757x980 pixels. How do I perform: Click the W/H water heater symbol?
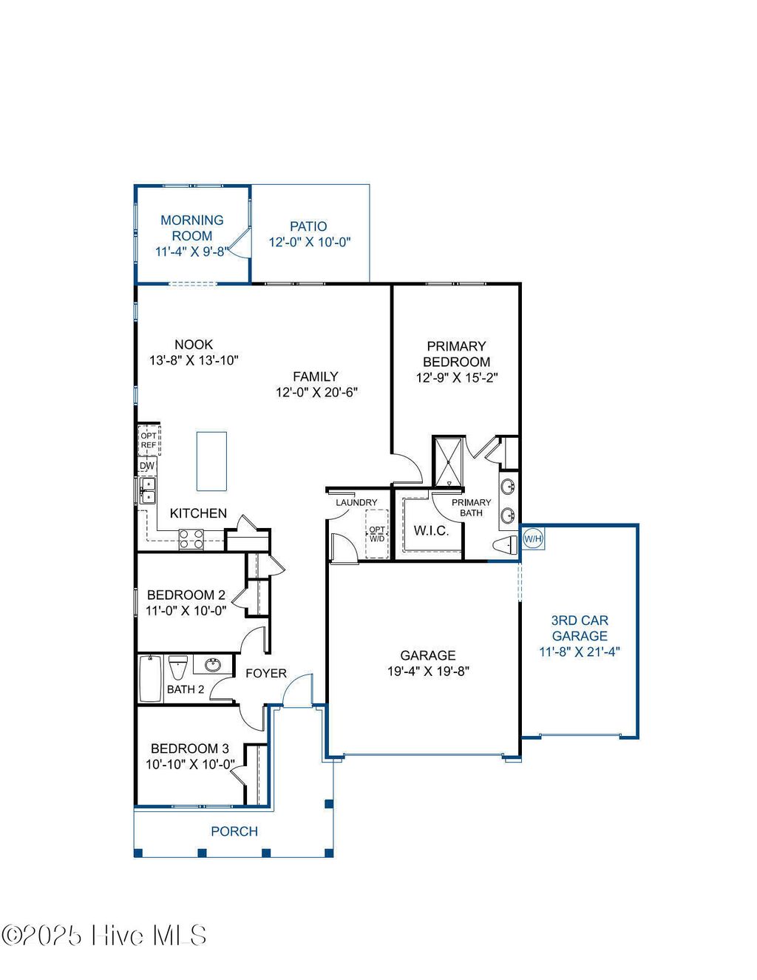(533, 538)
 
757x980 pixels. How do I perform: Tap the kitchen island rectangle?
(211, 462)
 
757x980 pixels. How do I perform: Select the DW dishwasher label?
(147, 466)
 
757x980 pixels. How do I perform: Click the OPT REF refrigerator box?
(149, 440)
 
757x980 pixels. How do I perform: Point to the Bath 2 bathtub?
(151, 678)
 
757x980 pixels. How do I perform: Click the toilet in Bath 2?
(178, 667)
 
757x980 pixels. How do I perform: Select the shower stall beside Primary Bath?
(449, 462)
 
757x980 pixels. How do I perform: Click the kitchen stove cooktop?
(191, 538)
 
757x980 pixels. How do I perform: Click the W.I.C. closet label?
(431, 530)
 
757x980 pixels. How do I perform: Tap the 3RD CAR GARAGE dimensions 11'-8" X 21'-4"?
(580, 652)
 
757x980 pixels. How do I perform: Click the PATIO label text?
(308, 226)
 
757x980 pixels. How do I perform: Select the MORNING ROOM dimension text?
(191, 251)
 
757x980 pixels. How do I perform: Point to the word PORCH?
(234, 831)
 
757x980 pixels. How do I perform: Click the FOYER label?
(266, 673)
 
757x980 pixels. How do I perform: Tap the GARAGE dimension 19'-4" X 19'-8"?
(428, 671)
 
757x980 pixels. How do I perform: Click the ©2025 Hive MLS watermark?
(103, 936)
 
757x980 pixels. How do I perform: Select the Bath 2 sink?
(213, 664)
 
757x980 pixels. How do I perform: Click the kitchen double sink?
(149, 490)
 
